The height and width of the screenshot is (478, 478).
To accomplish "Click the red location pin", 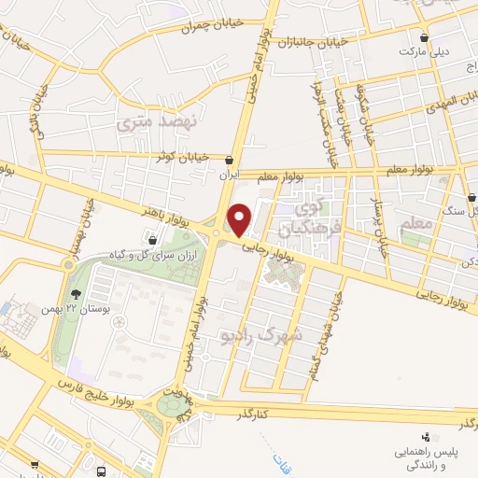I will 240,220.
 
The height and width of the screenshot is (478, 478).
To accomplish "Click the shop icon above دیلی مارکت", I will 426,38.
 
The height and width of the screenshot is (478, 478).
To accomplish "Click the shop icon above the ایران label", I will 230,161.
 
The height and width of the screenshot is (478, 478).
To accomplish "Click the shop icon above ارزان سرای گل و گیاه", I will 150,243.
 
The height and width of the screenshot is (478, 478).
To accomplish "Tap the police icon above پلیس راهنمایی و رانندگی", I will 427,436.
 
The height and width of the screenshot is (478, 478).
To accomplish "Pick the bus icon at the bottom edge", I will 100,471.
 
